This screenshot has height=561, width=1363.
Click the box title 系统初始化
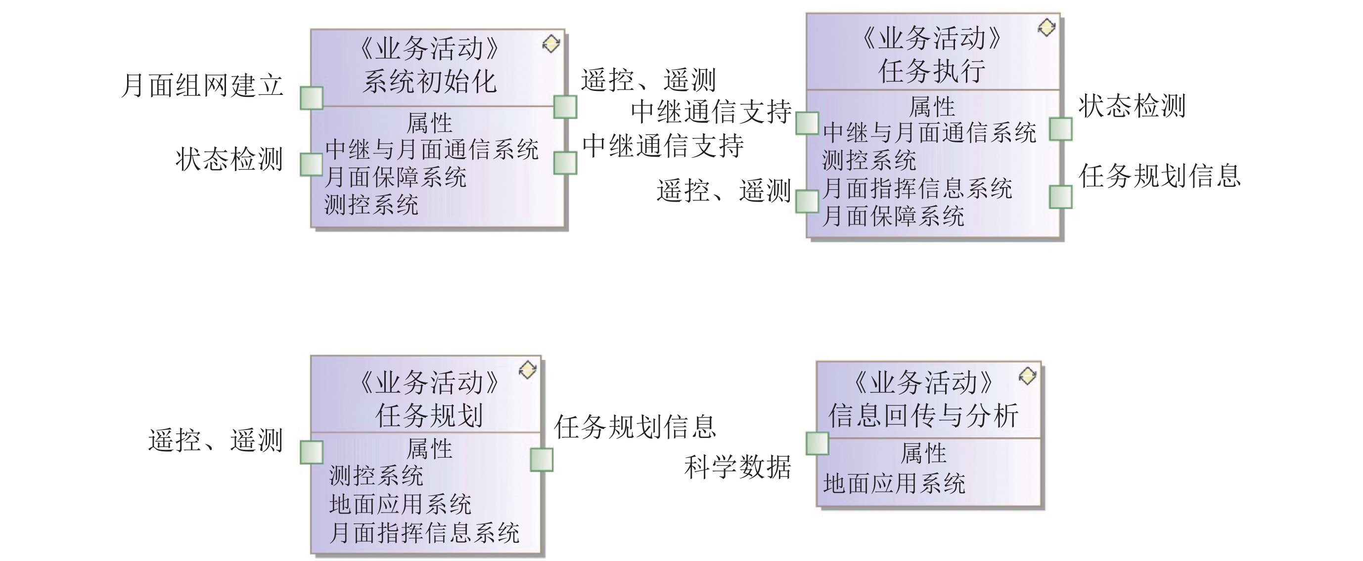coord(429,82)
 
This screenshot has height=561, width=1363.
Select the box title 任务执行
coord(932,71)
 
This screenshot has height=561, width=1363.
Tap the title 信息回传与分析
coord(923,415)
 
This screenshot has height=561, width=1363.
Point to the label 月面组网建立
coord(202,85)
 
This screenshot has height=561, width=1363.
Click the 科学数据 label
coord(737,467)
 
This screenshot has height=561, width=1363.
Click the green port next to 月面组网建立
coord(311,98)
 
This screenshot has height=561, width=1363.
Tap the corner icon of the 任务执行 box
coord(1046,28)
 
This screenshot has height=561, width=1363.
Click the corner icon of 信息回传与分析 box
coord(1027,376)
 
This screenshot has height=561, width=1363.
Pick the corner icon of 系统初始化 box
coord(551,44)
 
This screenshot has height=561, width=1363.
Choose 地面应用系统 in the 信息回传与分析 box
coord(894,483)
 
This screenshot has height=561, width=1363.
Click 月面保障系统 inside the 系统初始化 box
coord(395,177)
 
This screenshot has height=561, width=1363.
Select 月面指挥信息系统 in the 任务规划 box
coord(424,532)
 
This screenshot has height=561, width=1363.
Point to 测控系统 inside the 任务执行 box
coord(869,160)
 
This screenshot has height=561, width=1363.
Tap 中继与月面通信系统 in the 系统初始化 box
coord(431,149)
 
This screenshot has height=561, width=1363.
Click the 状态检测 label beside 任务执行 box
coord(1132,106)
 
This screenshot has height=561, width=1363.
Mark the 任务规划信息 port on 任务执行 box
coord(1060,197)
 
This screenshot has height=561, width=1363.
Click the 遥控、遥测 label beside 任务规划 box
coord(215,440)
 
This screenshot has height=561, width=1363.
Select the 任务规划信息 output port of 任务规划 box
coord(541,460)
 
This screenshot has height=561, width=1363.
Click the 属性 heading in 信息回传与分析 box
coord(923,453)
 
